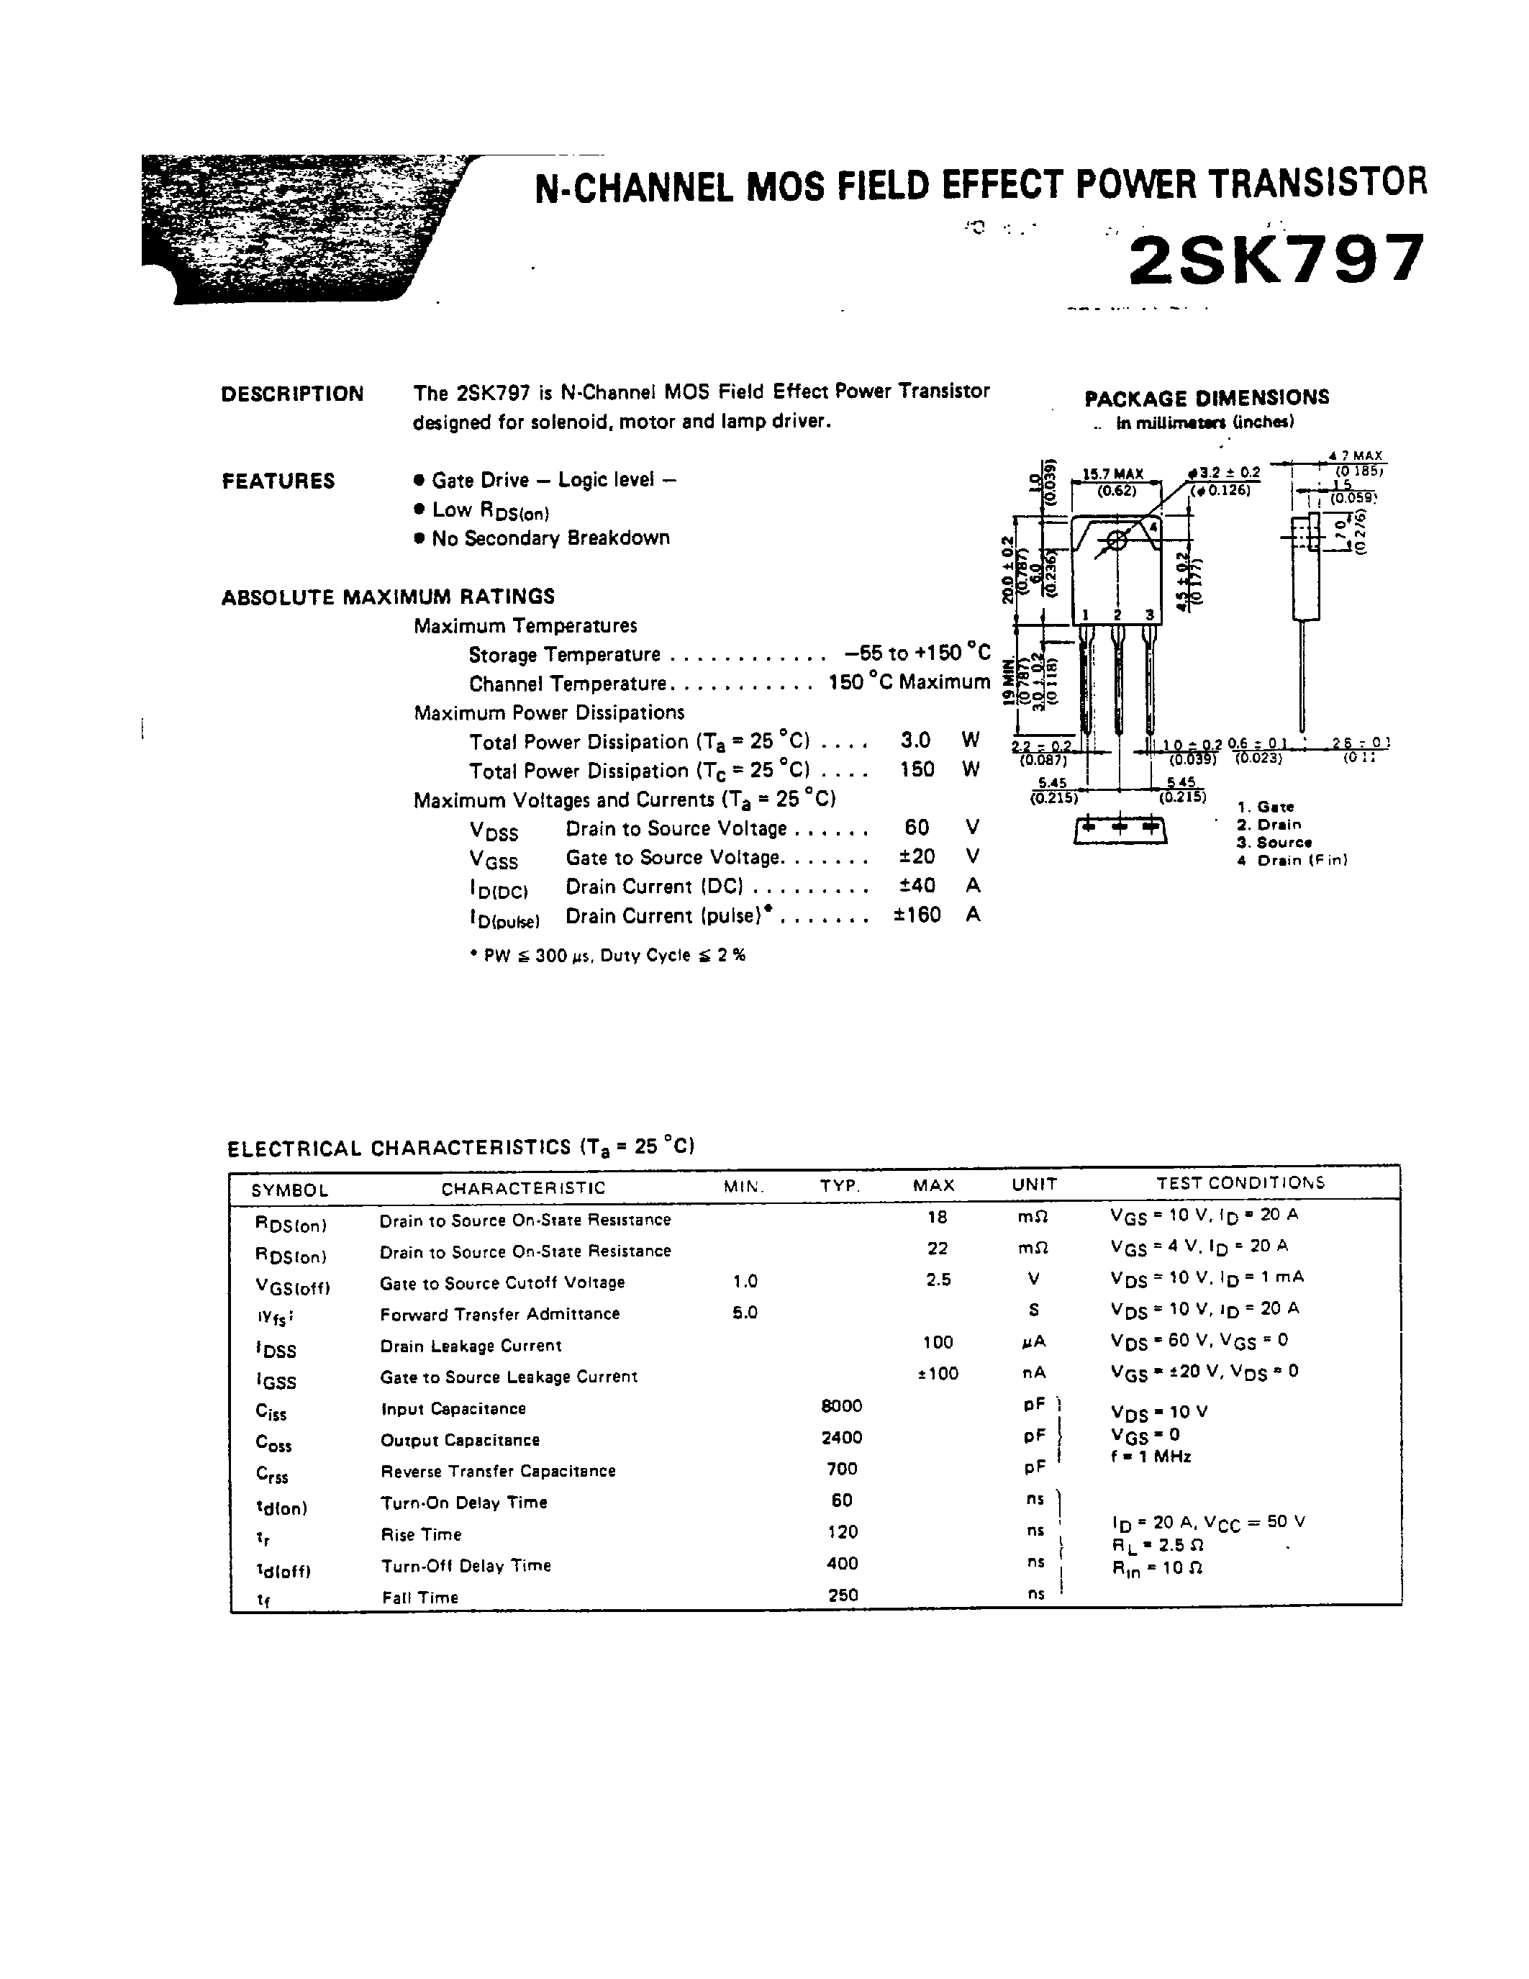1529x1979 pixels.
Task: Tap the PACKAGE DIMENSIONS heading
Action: [x=1207, y=398]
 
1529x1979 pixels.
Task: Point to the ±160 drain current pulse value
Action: [x=917, y=915]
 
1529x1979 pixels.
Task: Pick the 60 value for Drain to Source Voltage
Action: [x=917, y=828]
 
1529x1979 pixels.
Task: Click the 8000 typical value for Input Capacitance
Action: [x=842, y=1406]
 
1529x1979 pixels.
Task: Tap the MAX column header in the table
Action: [x=934, y=1185]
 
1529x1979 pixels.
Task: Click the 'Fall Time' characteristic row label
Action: [x=420, y=1598]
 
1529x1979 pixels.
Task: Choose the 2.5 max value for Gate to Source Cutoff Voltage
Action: [x=938, y=1280]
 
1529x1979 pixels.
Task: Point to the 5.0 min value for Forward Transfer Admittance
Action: [x=745, y=1312]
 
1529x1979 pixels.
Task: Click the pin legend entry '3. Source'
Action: [x=1274, y=843]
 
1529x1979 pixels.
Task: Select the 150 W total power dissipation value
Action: [x=917, y=769]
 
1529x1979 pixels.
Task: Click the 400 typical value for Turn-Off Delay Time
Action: [x=843, y=1563]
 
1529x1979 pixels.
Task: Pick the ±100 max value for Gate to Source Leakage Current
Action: [x=938, y=1374]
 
